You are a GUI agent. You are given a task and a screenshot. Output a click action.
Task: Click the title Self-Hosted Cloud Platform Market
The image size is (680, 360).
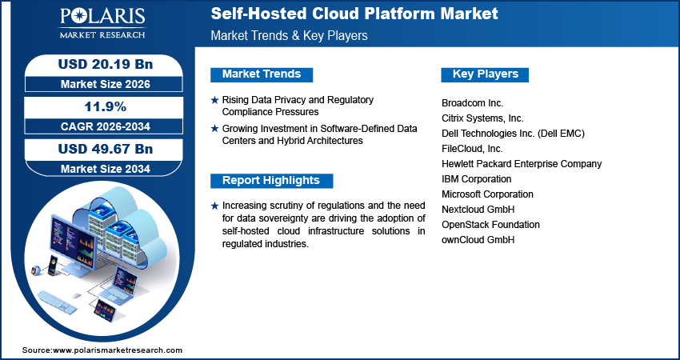click(354, 14)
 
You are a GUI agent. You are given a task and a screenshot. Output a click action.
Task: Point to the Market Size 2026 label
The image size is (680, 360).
click(100, 83)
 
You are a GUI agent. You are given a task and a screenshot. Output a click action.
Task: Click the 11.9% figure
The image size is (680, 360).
click(100, 106)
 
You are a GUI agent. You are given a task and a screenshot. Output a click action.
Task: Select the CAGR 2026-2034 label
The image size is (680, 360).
click(100, 126)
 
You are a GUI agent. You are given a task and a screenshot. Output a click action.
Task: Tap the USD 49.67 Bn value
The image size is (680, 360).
click(100, 149)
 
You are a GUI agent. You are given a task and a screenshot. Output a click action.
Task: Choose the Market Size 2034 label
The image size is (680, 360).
click(100, 168)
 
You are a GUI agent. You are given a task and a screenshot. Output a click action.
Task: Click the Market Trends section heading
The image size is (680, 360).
click(262, 74)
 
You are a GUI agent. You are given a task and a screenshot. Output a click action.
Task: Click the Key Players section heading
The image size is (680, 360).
click(486, 74)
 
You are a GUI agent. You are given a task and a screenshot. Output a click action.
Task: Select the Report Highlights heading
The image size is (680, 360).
click(270, 180)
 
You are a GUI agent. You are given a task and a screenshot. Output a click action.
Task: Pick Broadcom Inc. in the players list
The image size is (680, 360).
click(472, 103)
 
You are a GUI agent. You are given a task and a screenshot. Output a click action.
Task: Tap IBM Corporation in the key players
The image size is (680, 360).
click(476, 179)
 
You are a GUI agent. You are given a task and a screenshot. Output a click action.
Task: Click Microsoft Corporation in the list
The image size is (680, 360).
click(487, 194)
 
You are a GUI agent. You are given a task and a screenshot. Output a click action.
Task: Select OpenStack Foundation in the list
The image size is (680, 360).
click(490, 225)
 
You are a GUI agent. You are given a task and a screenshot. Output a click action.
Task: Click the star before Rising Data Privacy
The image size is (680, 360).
click(214, 100)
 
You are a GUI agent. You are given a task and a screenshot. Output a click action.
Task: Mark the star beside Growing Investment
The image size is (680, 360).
click(214, 128)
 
